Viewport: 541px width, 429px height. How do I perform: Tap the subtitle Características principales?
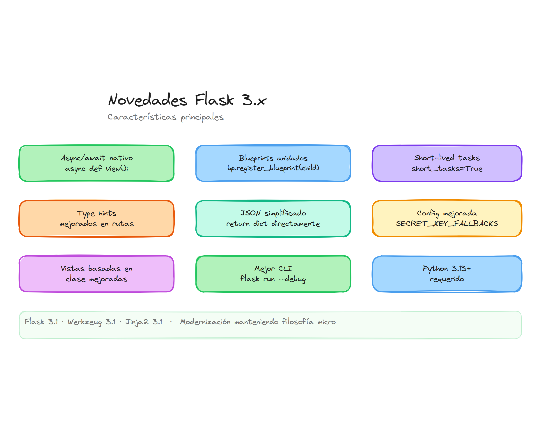(x=165, y=117)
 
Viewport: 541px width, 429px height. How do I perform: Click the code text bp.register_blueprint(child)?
(x=273, y=168)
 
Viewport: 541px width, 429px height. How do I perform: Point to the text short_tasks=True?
(x=447, y=168)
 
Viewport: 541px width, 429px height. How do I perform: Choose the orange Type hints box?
(x=96, y=218)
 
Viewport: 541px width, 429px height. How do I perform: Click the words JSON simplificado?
(x=273, y=213)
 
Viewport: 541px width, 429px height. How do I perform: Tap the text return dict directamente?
(x=273, y=224)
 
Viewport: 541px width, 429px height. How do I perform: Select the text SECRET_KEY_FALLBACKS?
(x=447, y=223)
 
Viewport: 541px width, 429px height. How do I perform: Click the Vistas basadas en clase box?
(x=96, y=274)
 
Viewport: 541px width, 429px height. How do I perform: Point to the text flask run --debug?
(x=273, y=279)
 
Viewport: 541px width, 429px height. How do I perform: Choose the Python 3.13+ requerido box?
(x=447, y=274)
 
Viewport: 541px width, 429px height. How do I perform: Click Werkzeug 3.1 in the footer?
(x=92, y=322)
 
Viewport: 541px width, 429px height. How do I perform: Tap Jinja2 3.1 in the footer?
(x=144, y=322)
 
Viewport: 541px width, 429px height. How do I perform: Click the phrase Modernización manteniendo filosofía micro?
(x=258, y=322)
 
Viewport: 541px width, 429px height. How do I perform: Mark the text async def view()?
(x=96, y=168)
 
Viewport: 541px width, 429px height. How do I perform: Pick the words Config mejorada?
(x=447, y=213)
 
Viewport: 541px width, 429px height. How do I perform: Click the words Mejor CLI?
(x=273, y=268)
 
